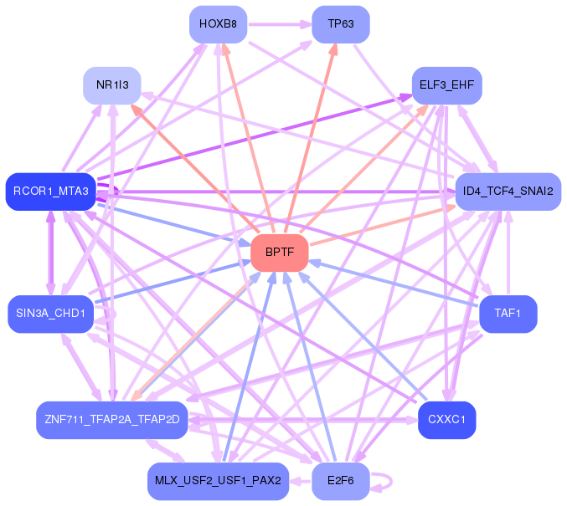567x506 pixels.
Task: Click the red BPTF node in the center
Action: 280,253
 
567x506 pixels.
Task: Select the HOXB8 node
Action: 218,24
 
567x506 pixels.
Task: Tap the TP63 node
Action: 341,24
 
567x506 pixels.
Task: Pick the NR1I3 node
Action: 112,85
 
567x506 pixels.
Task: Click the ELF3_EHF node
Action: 447,85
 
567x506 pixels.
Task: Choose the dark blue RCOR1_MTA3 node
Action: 51,192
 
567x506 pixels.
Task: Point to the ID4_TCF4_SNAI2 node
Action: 508,192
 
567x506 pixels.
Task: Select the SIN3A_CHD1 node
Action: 50,314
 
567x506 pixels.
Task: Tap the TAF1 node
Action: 508,314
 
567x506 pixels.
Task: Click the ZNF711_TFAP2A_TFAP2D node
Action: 112,420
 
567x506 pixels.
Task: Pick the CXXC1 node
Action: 447,420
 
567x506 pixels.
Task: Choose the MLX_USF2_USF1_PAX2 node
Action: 218,481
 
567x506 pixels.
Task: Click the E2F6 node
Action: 341,481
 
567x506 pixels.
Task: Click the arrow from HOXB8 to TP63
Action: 280,24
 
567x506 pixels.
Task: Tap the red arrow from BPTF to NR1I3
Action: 195,169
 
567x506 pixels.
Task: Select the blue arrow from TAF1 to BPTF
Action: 394,284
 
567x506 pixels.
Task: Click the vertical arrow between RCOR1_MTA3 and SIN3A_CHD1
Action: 50,253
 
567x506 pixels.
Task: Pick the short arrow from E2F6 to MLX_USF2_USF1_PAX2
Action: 300,481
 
